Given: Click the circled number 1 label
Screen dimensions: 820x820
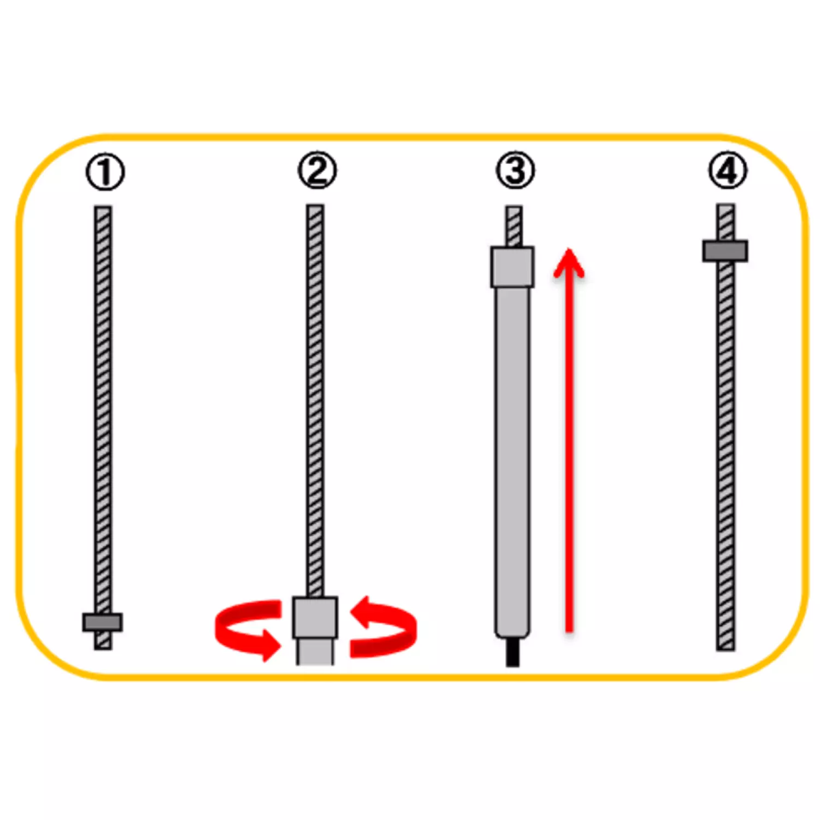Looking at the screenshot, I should [105, 172].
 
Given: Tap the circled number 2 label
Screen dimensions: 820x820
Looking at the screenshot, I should [317, 171].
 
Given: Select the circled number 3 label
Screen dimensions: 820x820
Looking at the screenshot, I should [515, 171].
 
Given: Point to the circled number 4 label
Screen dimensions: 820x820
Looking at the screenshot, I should [728, 171].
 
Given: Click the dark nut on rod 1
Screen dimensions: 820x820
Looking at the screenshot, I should [103, 622].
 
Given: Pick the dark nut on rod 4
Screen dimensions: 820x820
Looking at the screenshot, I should [725, 251].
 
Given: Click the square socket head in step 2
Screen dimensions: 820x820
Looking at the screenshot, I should [315, 617].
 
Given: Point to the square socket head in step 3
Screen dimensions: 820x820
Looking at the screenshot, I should [512, 267].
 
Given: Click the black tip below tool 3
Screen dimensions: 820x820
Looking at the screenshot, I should [512, 653].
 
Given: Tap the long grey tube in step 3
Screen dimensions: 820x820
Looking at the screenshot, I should [512, 459].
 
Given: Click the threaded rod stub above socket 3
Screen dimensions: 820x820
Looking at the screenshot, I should [513, 226].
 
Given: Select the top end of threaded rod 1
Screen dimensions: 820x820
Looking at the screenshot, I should [103, 210].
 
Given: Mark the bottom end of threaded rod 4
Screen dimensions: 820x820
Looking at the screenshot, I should [725, 645].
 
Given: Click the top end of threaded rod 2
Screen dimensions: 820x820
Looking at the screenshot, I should [315, 209].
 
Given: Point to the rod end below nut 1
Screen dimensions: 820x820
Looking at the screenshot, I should [103, 641].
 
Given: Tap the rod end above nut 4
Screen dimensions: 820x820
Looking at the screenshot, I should [725, 221].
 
